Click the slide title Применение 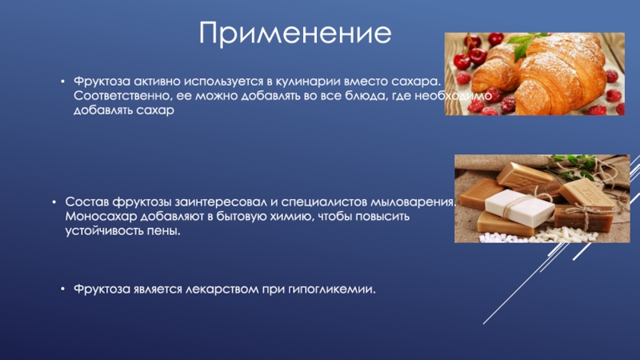point(295,33)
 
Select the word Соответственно point(123,96)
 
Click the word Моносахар point(101,216)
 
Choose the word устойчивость point(104,231)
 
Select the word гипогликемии point(332,290)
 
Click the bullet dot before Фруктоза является point(62,289)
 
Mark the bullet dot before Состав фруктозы point(54,202)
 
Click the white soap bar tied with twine point(519,207)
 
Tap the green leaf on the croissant point(523,46)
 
